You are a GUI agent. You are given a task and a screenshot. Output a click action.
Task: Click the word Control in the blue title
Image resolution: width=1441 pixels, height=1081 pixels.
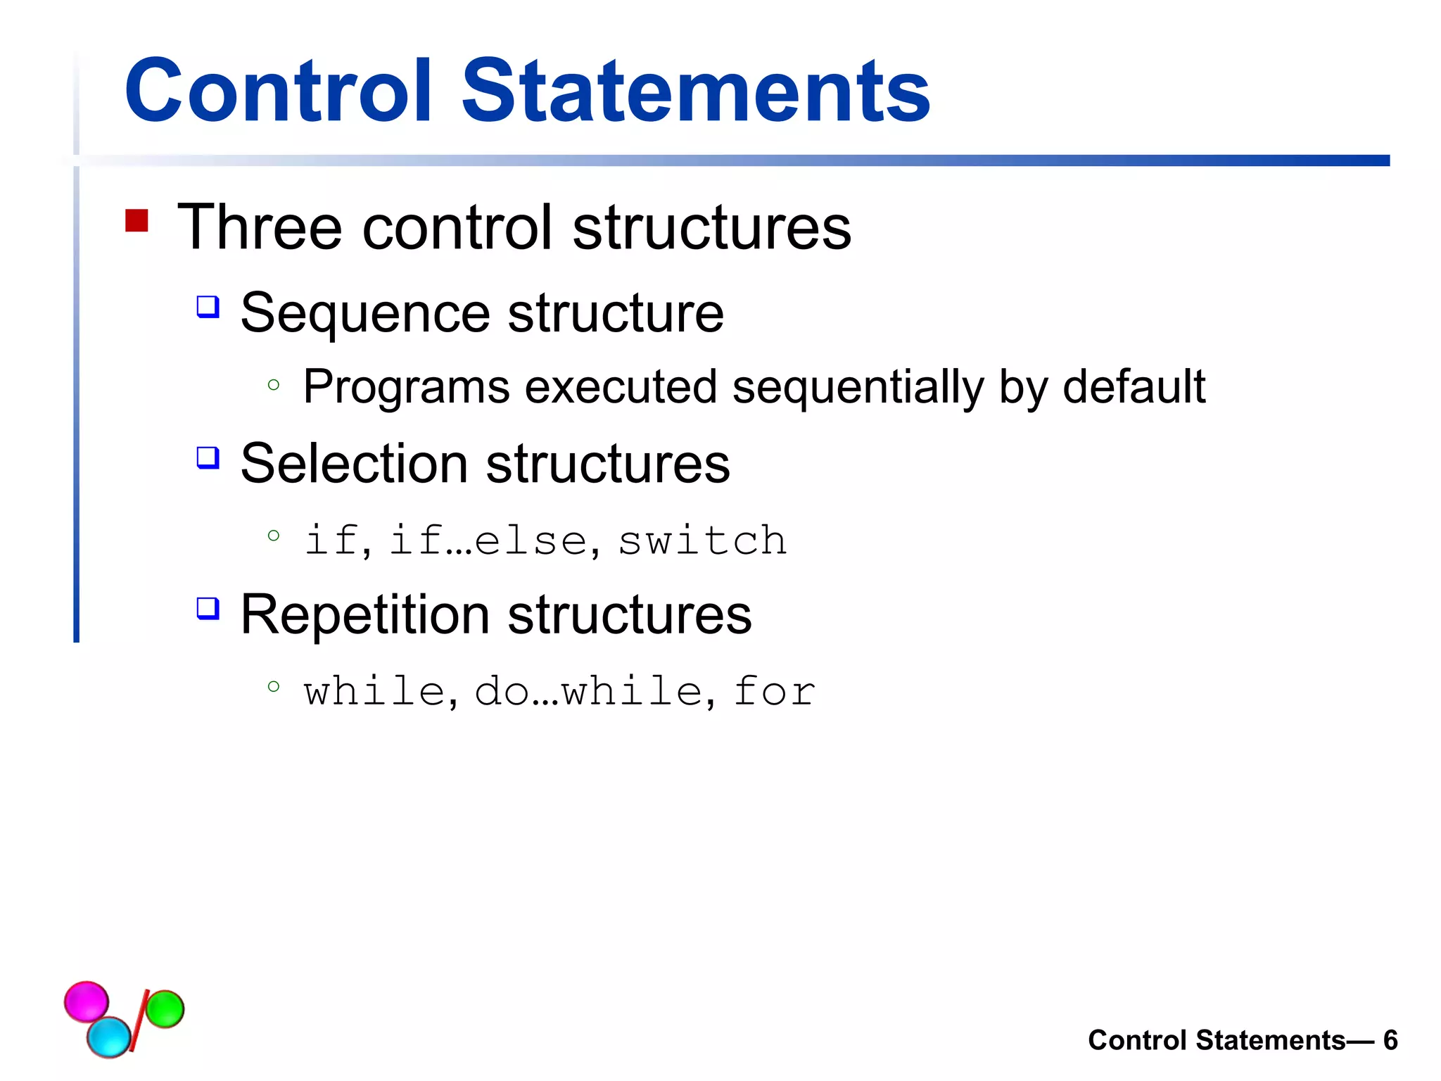pos(277,91)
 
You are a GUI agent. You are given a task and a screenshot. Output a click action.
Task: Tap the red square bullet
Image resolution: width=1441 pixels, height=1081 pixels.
pos(137,221)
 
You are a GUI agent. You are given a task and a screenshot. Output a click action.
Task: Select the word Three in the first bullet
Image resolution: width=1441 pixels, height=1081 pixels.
pos(259,227)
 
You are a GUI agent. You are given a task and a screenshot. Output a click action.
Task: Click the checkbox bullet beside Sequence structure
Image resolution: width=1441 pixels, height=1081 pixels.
pos(208,307)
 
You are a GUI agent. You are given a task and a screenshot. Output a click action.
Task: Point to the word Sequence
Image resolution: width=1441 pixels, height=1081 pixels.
pos(365,314)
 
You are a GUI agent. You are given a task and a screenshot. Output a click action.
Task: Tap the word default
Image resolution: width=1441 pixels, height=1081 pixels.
pos(1134,386)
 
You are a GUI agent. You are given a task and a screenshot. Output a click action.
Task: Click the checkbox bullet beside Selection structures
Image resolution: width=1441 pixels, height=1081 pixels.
pos(208,457)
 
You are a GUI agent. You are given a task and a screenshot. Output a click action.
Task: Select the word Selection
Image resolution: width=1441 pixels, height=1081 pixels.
pos(354,464)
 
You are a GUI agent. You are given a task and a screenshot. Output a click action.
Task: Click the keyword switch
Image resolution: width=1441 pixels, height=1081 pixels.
pos(702,540)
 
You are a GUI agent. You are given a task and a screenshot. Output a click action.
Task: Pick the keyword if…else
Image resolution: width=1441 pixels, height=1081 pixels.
pos(488,540)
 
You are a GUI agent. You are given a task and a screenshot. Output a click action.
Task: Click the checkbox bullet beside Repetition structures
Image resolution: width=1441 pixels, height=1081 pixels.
pos(208,608)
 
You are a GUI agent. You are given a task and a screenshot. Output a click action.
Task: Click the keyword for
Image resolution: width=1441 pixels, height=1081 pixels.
pos(774,691)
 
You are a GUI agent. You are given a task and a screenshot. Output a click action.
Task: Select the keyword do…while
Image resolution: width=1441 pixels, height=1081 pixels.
pos(588,691)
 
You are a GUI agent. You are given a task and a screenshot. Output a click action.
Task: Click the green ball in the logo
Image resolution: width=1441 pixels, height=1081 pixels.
pos(165,1009)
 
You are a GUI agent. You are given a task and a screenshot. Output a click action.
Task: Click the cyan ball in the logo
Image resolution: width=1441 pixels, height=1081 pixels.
pos(109,1036)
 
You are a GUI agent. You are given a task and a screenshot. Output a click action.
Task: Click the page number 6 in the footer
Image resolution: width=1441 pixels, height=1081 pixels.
pos(1390,1040)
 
